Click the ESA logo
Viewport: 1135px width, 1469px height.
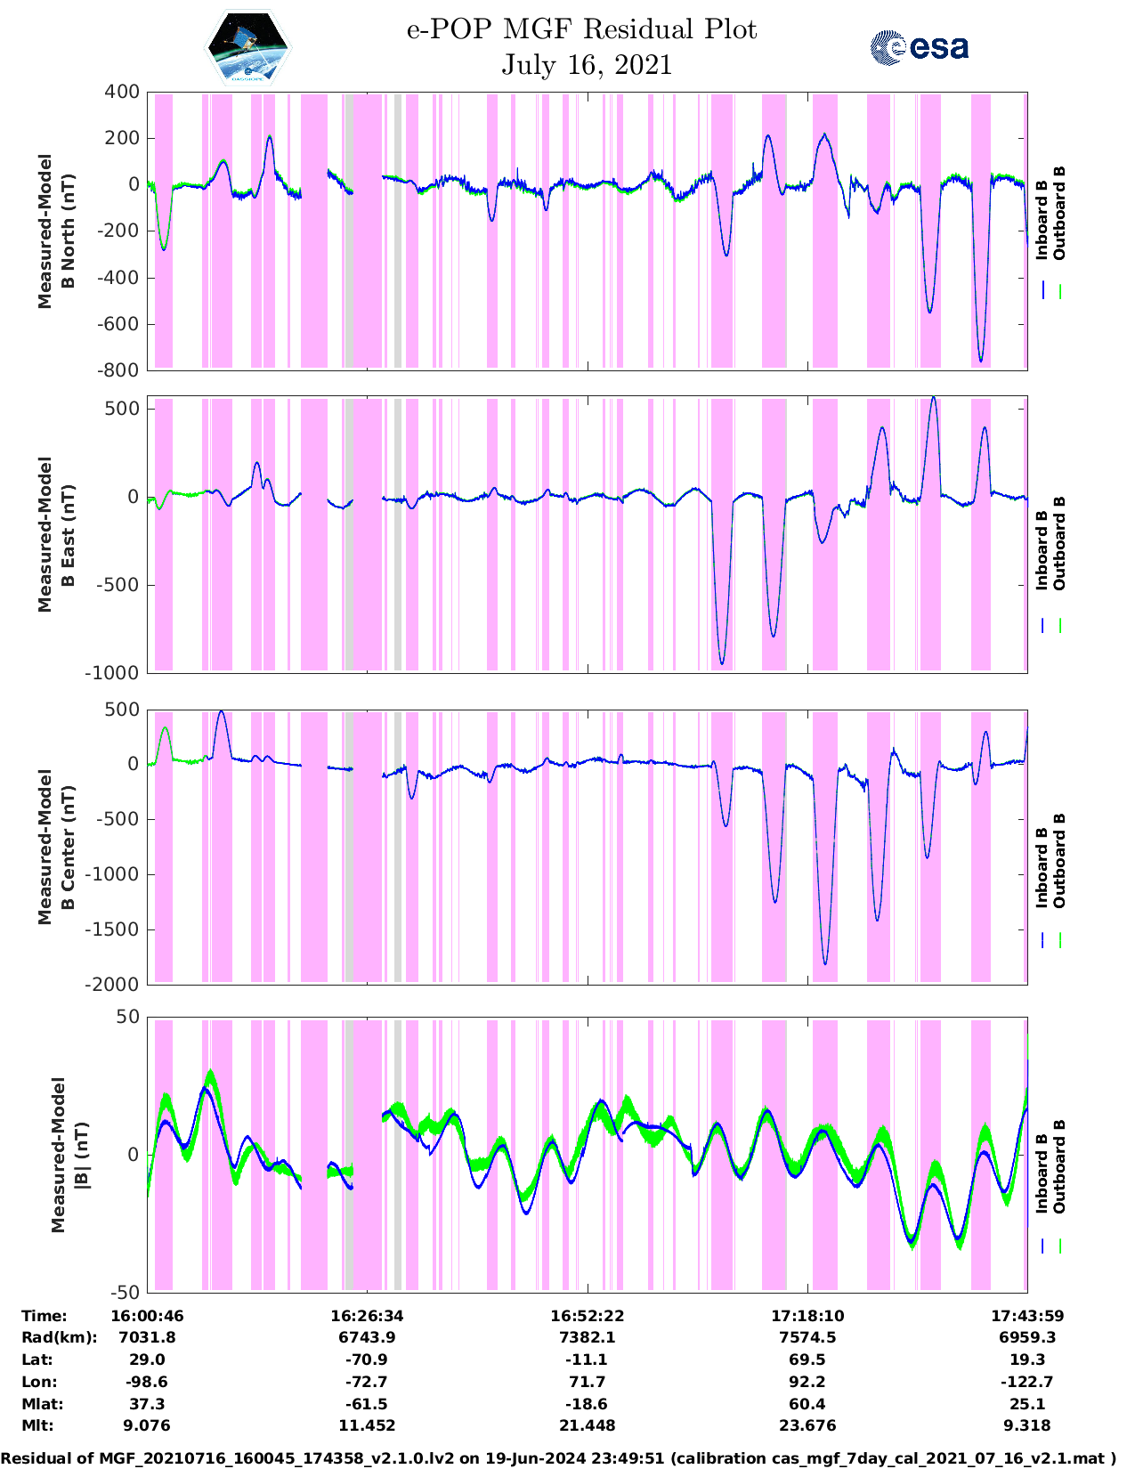(919, 47)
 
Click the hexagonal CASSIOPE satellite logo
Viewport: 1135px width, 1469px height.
(247, 47)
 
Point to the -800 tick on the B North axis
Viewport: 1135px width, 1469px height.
(122, 370)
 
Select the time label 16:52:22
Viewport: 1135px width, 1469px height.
(587, 1316)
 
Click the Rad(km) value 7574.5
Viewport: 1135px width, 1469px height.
(807, 1337)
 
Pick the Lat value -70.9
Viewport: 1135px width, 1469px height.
(367, 1359)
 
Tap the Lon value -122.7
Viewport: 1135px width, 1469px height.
(1027, 1382)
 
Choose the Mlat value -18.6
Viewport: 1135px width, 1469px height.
(587, 1404)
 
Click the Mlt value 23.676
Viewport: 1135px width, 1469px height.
(807, 1425)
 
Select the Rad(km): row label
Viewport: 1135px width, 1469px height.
(59, 1337)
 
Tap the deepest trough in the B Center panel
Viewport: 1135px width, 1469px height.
(825, 964)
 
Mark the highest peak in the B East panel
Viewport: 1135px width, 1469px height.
(932, 397)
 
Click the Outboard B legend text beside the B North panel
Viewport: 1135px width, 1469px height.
(1058, 214)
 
